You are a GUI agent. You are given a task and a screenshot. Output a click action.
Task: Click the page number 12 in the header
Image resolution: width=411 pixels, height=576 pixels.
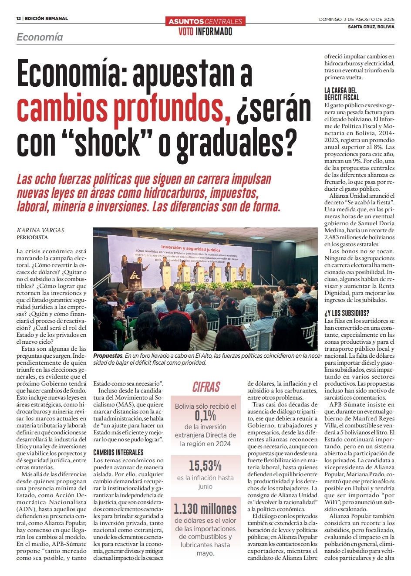pyautogui.click(x=19, y=19)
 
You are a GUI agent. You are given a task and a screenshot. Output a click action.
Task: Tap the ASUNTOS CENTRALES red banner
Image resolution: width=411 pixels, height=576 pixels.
pyautogui.click(x=205, y=21)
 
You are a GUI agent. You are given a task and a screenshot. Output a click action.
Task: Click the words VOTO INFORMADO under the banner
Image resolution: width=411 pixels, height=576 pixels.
pyautogui.click(x=205, y=31)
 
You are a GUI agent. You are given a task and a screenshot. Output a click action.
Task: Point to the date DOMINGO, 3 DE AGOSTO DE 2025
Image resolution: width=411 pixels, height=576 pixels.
pyautogui.click(x=357, y=19)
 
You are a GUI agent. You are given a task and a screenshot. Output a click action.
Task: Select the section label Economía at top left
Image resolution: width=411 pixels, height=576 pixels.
pyautogui.click(x=40, y=37)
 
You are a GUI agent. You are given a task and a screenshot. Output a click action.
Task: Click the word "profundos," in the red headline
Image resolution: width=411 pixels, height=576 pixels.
pyautogui.click(x=168, y=108)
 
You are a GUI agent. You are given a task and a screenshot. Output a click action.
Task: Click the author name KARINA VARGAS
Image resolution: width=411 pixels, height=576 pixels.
pyautogui.click(x=40, y=230)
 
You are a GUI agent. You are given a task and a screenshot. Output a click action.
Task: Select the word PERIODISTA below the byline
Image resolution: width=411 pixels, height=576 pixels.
pyautogui.click(x=32, y=237)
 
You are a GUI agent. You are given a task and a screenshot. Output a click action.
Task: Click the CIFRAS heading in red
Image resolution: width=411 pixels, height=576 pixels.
pyautogui.click(x=206, y=387)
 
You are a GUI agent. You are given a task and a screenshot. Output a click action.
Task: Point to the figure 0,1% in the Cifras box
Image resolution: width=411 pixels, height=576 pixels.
pyautogui.click(x=205, y=416)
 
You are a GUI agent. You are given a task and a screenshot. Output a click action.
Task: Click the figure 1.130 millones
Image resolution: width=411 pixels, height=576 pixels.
pyautogui.click(x=205, y=508)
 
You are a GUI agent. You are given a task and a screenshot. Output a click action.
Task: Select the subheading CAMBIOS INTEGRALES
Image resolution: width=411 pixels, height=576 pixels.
pyautogui.click(x=118, y=453)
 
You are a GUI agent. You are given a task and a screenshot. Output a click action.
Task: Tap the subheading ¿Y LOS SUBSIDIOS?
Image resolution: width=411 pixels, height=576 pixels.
pyautogui.click(x=347, y=313)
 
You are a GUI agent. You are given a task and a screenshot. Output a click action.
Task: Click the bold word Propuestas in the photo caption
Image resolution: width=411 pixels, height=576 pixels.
pyautogui.click(x=108, y=356)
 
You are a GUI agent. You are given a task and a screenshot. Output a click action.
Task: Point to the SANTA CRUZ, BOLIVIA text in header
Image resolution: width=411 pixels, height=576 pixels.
pyautogui.click(x=371, y=27)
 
